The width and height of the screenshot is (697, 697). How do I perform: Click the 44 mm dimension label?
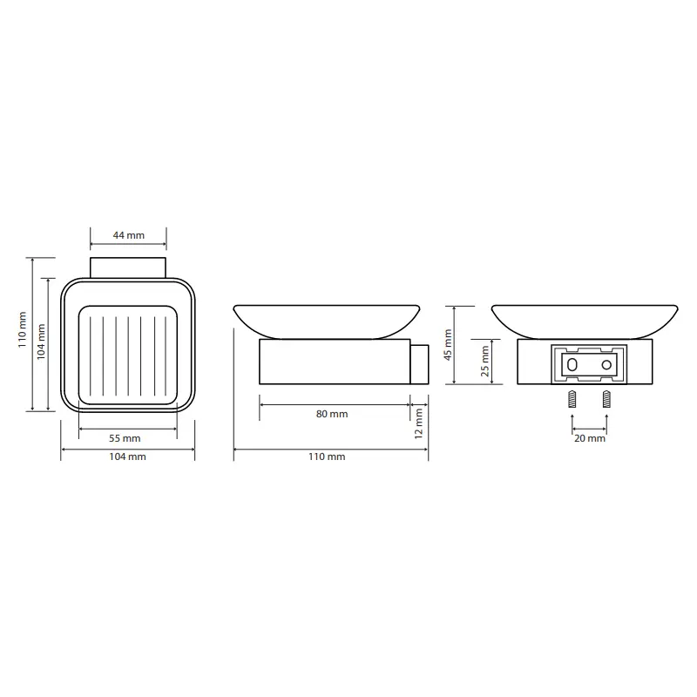pos(128,235)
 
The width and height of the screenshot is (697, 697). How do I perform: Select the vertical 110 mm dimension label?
pos(23,329)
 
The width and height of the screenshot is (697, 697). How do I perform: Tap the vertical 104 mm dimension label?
pos(41,342)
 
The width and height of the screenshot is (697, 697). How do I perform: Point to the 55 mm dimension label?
pos(125,438)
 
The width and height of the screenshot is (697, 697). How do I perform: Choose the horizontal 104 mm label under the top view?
pos(127,457)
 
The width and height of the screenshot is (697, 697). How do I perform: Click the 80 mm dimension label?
pos(332,414)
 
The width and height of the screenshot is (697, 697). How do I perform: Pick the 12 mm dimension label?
pos(419,423)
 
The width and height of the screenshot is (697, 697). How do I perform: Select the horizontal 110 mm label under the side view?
pos(327,457)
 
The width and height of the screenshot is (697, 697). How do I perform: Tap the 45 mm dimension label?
pos(448,344)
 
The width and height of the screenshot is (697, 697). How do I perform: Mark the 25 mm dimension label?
pos(485,361)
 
